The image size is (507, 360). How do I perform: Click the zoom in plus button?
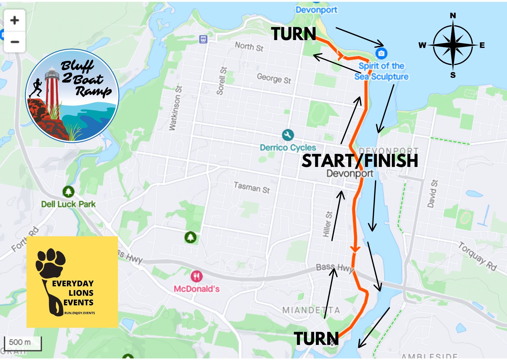(x=15, y=20)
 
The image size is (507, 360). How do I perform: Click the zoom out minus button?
(x=15, y=42)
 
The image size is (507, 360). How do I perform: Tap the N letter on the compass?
(x=453, y=16)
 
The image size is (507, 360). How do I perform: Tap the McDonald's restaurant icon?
(x=196, y=276)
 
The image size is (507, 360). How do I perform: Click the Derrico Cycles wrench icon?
(x=288, y=135)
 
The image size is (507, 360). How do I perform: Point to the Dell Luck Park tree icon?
(x=68, y=192)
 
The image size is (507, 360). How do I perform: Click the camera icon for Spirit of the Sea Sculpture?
(x=381, y=53)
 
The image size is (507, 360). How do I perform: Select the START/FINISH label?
(x=360, y=161)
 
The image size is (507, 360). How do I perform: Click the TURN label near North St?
(x=294, y=34)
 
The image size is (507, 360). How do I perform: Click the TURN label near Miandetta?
(x=316, y=339)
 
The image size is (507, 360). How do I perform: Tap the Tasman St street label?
(x=252, y=188)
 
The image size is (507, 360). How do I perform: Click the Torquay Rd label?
(x=477, y=256)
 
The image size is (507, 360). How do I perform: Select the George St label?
(x=274, y=78)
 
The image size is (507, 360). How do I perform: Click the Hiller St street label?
(x=327, y=224)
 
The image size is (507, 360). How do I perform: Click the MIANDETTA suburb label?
(x=311, y=310)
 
